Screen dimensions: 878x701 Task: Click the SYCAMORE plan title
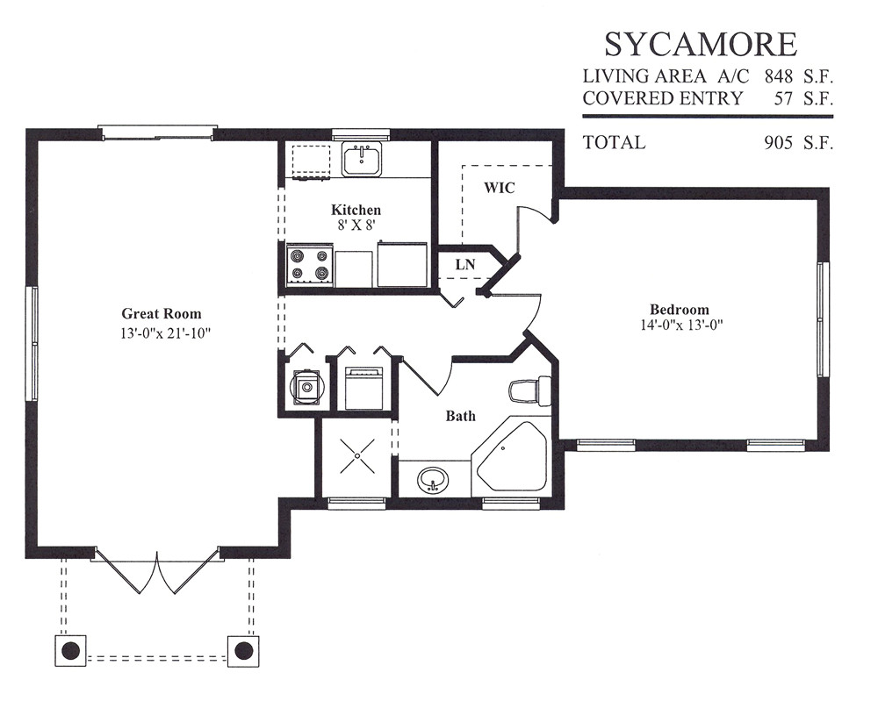pos(701,44)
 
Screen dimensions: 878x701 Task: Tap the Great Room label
pos(162,314)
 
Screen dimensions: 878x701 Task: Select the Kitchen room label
pos(356,210)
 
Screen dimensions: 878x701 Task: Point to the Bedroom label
pos(680,310)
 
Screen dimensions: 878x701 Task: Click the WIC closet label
pos(499,188)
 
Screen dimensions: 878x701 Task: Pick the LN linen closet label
pos(465,264)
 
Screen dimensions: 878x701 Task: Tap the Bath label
pos(460,416)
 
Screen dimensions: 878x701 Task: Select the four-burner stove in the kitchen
pos(310,266)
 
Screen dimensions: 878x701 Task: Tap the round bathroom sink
pos(432,481)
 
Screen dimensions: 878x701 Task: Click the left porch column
pos(70,651)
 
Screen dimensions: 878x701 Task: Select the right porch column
pos(243,651)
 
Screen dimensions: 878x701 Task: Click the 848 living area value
pos(779,76)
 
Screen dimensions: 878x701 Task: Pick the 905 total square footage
pos(779,143)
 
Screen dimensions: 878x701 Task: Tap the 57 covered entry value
pos(783,98)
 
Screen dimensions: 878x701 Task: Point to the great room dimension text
pos(165,334)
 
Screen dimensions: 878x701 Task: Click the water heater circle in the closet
pos(306,386)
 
